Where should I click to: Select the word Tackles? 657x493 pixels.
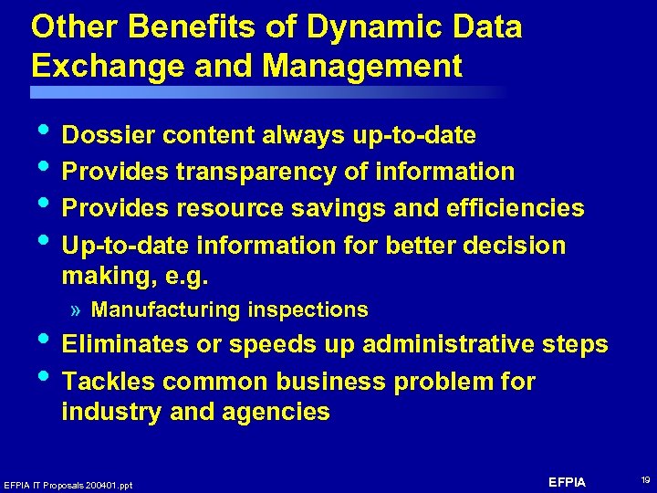(105, 382)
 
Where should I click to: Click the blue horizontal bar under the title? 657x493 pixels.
(265, 92)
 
